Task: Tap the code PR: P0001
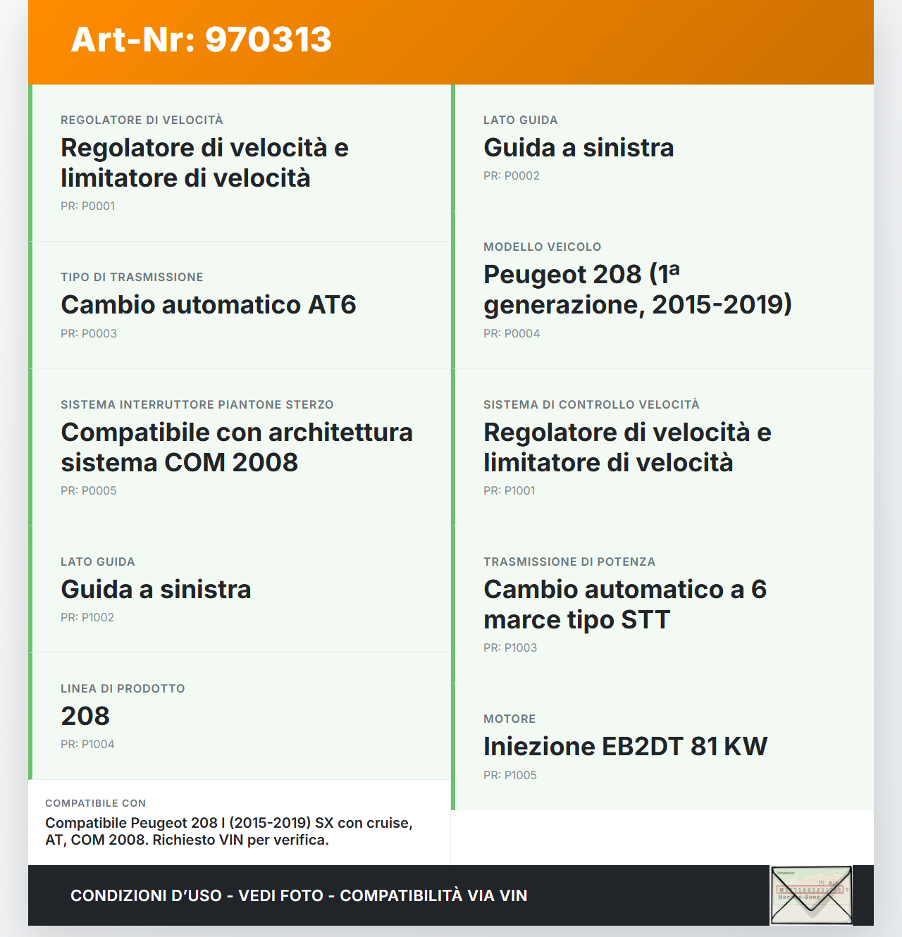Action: (x=87, y=206)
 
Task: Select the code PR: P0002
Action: (x=511, y=175)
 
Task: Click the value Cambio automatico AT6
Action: (x=209, y=305)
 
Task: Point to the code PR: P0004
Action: (x=511, y=333)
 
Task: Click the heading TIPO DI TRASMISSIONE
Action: (x=132, y=277)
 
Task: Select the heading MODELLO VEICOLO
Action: (x=542, y=247)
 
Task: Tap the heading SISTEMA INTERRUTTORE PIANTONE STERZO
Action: (x=197, y=404)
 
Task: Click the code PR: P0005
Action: (x=88, y=490)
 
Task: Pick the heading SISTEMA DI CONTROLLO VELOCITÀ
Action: (x=591, y=404)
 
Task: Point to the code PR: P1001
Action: (x=509, y=490)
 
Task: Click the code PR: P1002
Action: (x=87, y=617)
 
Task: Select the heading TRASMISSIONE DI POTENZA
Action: (x=569, y=561)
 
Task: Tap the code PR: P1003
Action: (x=509, y=647)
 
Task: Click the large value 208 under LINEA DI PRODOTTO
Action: (x=85, y=716)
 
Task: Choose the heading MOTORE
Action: (x=509, y=719)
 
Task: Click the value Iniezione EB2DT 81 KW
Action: (x=625, y=747)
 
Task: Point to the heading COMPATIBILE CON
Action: (x=95, y=803)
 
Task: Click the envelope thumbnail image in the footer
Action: (x=811, y=895)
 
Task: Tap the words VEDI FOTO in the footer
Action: (x=280, y=895)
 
